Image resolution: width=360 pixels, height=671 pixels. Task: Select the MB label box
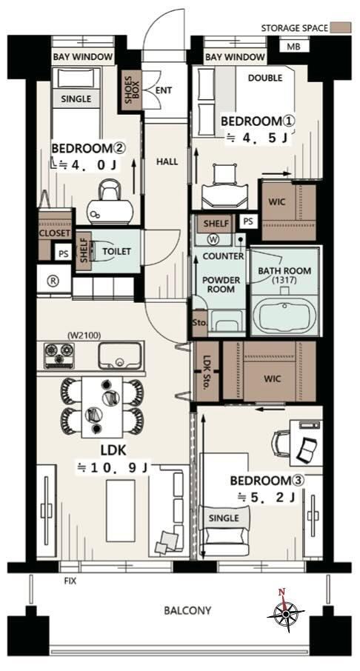[293, 45]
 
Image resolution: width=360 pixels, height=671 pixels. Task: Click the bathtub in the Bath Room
[284, 314]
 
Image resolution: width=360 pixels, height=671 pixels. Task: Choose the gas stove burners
[59, 356]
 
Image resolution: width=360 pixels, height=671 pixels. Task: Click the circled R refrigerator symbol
[54, 280]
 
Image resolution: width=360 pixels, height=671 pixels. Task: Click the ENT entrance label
[164, 90]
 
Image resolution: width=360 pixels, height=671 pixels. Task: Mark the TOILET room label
[116, 251]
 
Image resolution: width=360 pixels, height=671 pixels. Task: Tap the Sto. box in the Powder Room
[200, 323]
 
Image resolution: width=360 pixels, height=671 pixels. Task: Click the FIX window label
[70, 581]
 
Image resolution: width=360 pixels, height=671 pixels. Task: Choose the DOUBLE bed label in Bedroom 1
[265, 78]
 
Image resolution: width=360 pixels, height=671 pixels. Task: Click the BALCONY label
[187, 610]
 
